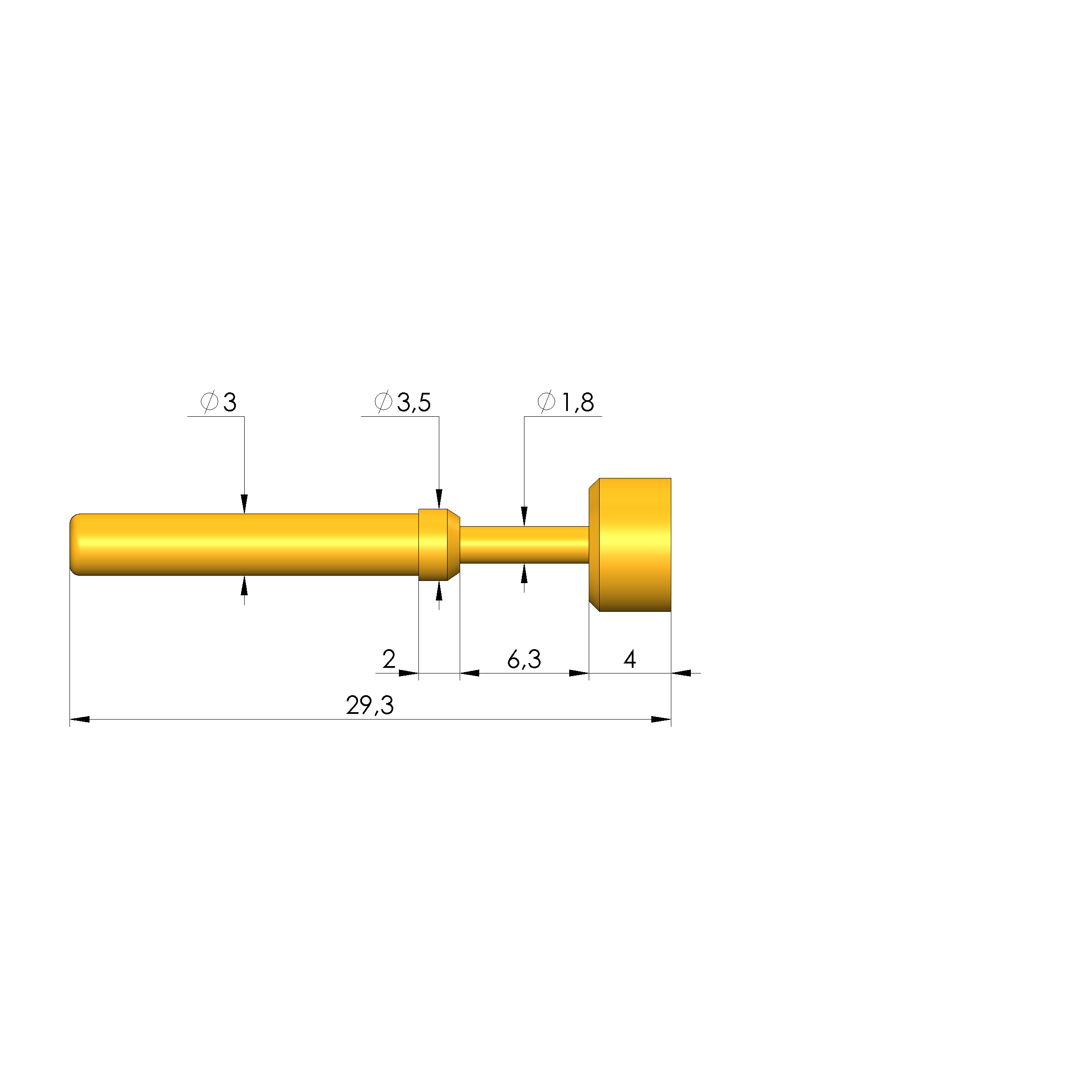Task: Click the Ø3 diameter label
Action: (x=219, y=402)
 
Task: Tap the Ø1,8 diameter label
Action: (x=565, y=402)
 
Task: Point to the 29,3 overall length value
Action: (x=370, y=705)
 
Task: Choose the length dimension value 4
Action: (x=630, y=659)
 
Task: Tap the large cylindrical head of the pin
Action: (x=630, y=544)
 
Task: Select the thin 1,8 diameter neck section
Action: (x=524, y=544)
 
